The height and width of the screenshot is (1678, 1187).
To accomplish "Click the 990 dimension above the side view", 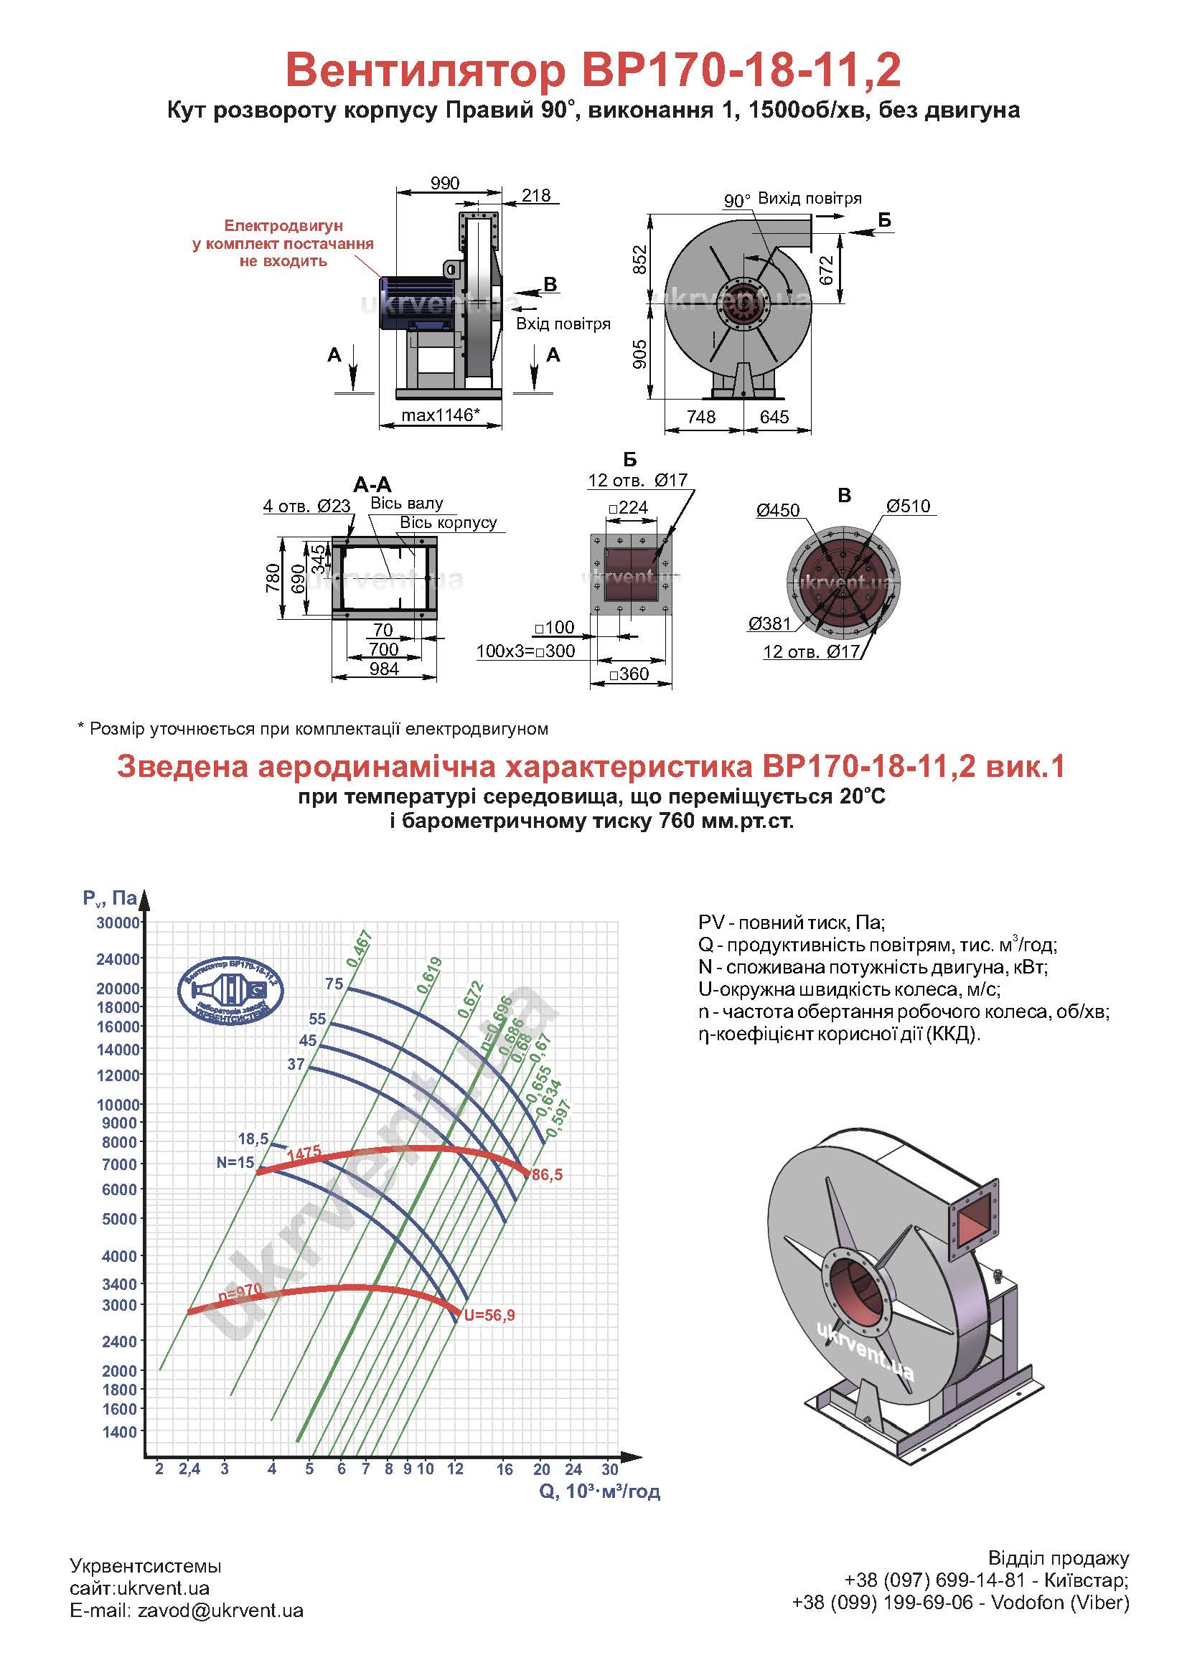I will point(444,183).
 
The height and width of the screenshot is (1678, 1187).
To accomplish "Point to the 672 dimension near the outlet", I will point(827,270).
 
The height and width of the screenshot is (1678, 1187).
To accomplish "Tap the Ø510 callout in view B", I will point(908,506).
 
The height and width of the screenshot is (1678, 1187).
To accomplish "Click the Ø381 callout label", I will point(769,623).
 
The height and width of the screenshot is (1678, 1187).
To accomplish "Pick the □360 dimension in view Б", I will point(629,674).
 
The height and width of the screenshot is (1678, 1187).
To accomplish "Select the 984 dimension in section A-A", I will point(384,668).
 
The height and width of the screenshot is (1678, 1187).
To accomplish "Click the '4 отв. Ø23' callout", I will point(307,506).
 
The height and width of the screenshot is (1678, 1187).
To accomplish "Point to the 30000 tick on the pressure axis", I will point(118,923).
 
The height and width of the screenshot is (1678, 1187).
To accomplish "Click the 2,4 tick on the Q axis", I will point(189,1469).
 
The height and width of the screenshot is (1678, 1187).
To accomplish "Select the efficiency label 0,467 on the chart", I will point(360,949).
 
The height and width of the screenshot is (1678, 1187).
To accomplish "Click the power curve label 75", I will point(334,984).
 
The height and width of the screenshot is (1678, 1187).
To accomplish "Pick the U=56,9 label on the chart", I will point(489,1316).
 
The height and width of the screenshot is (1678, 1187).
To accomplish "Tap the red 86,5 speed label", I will point(548,1175).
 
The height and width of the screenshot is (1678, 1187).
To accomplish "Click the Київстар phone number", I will point(936,1580).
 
